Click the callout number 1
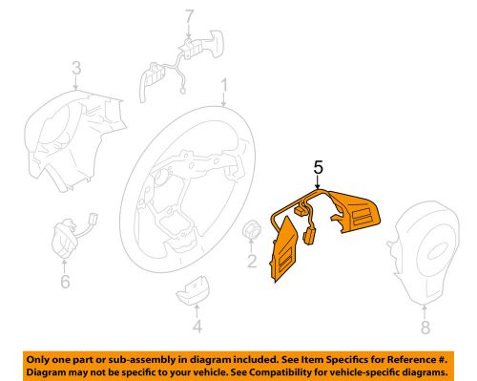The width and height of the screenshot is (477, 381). [x=224, y=86]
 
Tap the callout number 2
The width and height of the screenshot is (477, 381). [x=252, y=261]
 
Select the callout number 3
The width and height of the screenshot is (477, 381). [x=76, y=68]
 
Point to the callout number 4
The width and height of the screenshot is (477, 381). [x=197, y=327]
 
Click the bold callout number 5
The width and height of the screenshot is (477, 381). [x=318, y=167]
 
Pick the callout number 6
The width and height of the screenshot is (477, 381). [x=65, y=282]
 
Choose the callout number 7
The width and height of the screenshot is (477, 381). [x=189, y=16]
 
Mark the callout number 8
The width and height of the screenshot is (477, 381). [x=425, y=327]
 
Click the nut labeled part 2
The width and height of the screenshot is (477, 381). [x=252, y=229]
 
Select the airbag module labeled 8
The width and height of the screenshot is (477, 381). [x=425, y=253]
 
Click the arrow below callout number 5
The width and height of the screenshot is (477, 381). [x=318, y=182]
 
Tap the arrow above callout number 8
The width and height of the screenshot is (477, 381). [x=425, y=311]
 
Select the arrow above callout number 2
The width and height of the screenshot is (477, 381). [x=252, y=245]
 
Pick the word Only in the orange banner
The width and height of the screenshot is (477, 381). [x=37, y=360]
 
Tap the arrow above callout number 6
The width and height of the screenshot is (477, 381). [x=65, y=266]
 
